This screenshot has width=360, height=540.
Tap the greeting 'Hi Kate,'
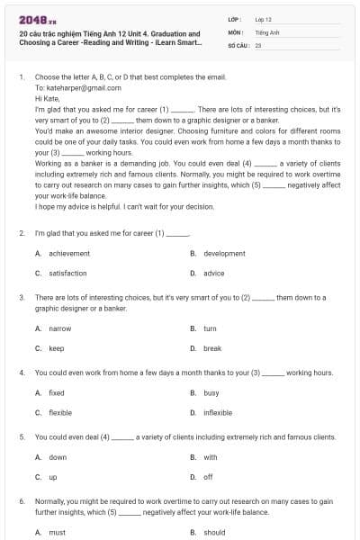[47, 98]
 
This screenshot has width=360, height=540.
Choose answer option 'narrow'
[59, 328]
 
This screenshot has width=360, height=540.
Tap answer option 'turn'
[210, 328]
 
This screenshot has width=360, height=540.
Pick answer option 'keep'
[56, 347]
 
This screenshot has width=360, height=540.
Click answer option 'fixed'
[57, 393]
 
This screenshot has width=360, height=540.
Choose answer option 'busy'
[211, 393]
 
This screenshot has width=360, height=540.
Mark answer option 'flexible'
[60, 412]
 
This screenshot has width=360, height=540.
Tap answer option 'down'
[58, 457]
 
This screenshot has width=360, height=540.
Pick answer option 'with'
[210, 457]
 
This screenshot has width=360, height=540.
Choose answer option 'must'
[57, 532]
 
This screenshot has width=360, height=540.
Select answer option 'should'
[214, 532]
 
